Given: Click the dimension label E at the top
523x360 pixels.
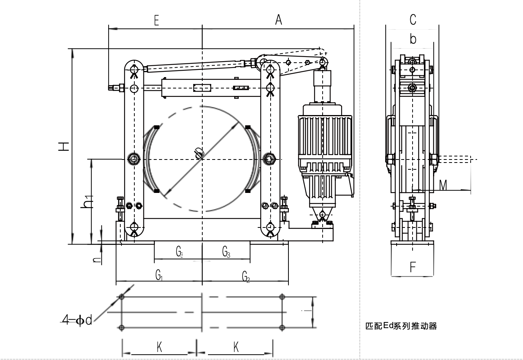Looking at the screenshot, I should tap(156, 21).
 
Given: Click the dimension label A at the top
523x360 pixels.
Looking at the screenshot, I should tap(279, 20).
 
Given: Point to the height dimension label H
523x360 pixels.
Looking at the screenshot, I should tap(63, 146).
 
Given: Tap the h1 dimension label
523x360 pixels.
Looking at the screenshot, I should tap(88, 202).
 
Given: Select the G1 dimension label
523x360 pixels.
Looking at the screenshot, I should tap(159, 275).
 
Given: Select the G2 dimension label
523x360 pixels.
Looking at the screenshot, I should tap(246, 276).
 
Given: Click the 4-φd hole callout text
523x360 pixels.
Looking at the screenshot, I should tap(77, 321).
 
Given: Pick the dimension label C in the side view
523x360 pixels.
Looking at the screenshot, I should tap(413, 19).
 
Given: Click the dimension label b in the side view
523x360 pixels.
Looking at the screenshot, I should tap(413, 39).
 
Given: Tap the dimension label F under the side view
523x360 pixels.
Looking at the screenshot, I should tap(413, 267).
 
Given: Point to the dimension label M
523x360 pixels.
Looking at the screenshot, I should tap(443, 185).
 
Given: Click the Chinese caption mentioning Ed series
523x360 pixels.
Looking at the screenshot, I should tap(401, 326).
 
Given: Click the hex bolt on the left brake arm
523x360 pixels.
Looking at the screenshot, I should tap(134, 158).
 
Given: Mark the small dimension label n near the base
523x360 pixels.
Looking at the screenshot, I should tap(97, 260).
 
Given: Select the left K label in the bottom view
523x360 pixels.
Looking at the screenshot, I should tap(159, 347).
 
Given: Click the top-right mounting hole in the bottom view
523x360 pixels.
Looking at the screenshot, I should tap(282, 297).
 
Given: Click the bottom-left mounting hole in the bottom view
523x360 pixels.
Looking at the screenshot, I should tap(121, 327).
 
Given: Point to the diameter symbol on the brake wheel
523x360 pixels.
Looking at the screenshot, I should tap(198, 153).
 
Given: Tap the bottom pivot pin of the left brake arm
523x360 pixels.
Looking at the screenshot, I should tap(134, 227).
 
